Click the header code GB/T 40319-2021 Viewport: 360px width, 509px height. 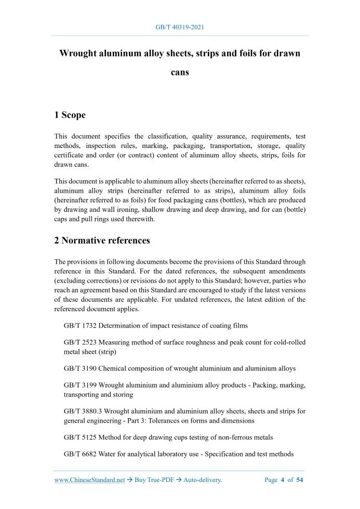point(180,26)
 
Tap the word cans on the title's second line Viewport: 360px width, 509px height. point(180,72)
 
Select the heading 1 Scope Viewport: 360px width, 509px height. point(70,115)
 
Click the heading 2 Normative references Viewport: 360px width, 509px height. point(102,240)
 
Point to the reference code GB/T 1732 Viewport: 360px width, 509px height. point(80,326)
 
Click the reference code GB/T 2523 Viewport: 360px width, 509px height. point(80,342)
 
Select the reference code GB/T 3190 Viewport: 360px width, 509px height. point(80,368)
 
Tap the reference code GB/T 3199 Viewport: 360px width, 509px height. point(80,385)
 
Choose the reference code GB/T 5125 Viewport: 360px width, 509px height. point(80,437)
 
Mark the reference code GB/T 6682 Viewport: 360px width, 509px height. point(80,454)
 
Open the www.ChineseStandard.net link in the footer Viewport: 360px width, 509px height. point(90,480)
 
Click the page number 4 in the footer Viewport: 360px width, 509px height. point(284,480)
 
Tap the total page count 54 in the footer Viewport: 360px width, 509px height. point(300,480)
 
